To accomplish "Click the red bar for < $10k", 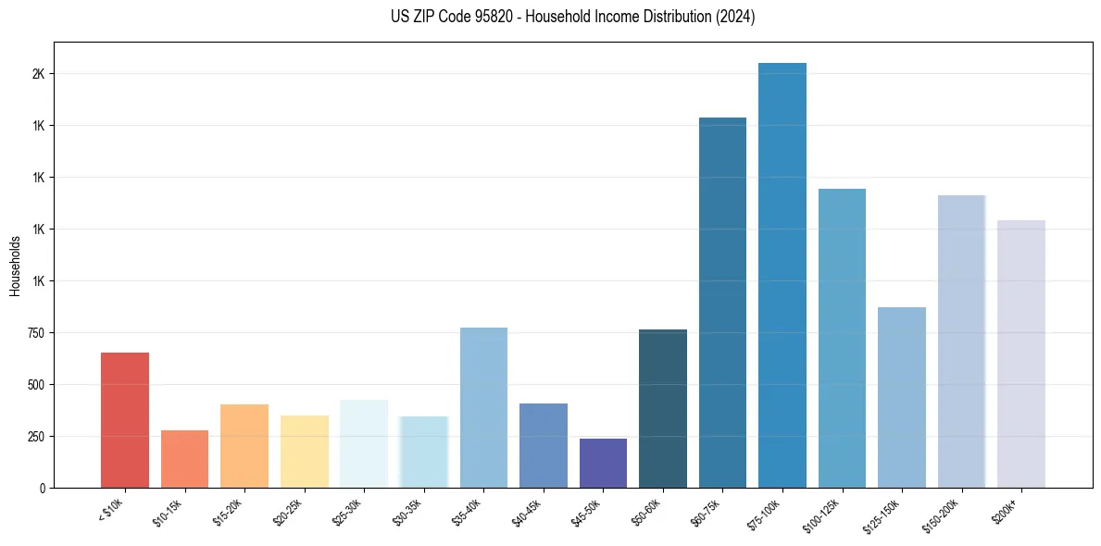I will click(125, 420).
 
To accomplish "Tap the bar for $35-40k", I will click(483, 407).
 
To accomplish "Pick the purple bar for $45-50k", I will click(603, 463).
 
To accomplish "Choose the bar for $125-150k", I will click(902, 397).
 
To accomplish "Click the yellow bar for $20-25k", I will click(305, 452).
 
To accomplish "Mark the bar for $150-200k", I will click(961, 341).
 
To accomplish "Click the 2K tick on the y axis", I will click(38, 74).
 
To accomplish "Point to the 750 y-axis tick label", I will click(35, 333).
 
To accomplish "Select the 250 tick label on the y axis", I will click(35, 437).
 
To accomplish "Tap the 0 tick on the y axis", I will click(43, 488).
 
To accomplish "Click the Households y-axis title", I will click(15, 265).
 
